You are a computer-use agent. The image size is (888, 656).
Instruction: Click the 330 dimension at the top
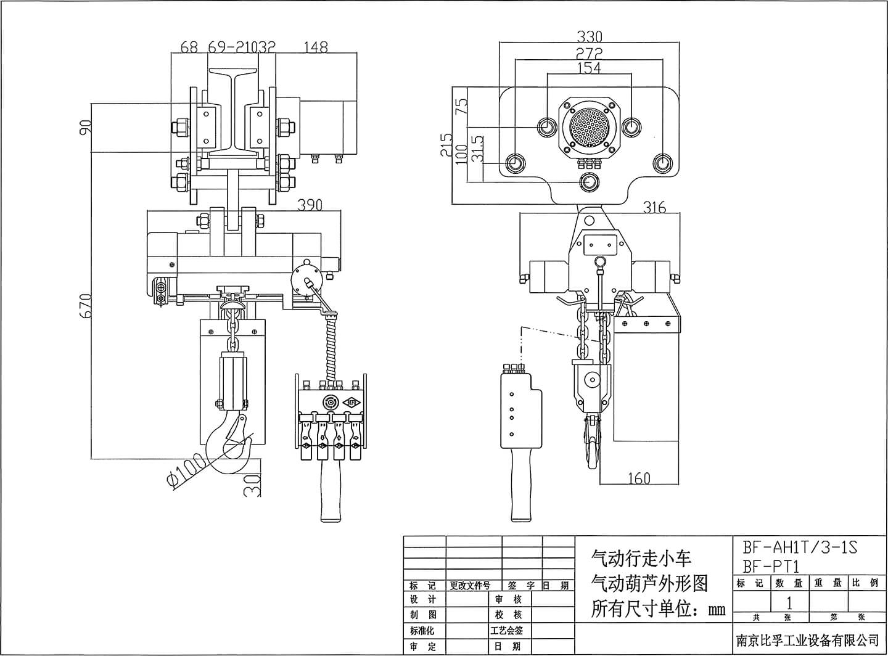pyautogui.click(x=589, y=37)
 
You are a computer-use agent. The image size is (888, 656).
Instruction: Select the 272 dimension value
pyautogui.click(x=589, y=53)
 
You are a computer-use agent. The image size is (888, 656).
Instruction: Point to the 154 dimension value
pyautogui.click(x=589, y=68)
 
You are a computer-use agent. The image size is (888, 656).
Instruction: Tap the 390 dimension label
pyautogui.click(x=310, y=205)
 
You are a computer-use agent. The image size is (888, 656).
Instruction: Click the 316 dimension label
pyautogui.click(x=654, y=207)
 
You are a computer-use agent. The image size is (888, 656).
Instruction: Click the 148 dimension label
pyautogui.click(x=316, y=47)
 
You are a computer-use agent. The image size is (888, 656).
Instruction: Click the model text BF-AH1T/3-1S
pyautogui.click(x=799, y=547)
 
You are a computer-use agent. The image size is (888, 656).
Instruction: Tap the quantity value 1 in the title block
pyautogui.click(x=789, y=602)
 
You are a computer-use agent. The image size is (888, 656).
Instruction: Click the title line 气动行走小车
pyautogui.click(x=641, y=559)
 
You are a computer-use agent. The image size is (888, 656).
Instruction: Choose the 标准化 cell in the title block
pyautogui.click(x=422, y=631)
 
